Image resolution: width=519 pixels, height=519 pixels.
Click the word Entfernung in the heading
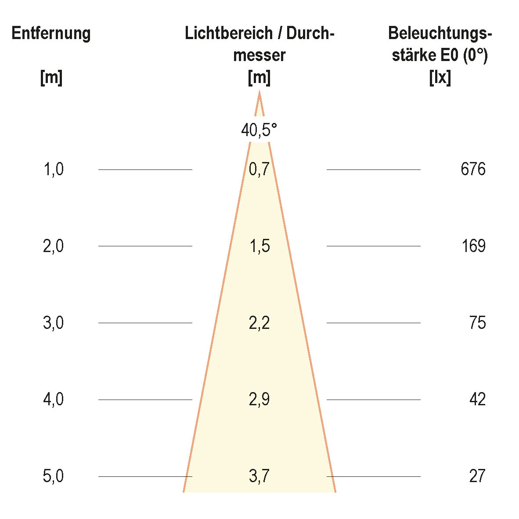pyautogui.click(x=51, y=33)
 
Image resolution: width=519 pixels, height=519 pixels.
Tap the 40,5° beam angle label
pyautogui.click(x=259, y=130)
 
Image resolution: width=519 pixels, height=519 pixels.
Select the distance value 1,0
pyautogui.click(x=54, y=169)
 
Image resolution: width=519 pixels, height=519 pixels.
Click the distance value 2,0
pyautogui.click(x=54, y=246)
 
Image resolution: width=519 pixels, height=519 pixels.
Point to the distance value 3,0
pyautogui.click(x=54, y=323)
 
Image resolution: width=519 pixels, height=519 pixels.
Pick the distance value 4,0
pyautogui.click(x=54, y=400)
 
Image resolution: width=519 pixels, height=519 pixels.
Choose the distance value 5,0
pyautogui.click(x=54, y=476)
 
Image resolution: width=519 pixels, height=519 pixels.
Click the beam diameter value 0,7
pyautogui.click(x=259, y=169)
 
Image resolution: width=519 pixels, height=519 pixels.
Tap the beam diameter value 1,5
pyautogui.click(x=259, y=246)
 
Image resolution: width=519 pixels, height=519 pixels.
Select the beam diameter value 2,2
pyautogui.click(x=259, y=323)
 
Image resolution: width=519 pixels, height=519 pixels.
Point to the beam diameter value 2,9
pyautogui.click(x=259, y=400)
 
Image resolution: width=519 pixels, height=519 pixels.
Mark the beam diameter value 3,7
pyautogui.click(x=259, y=476)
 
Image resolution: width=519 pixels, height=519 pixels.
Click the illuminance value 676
pyautogui.click(x=473, y=169)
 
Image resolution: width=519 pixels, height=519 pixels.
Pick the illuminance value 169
pyautogui.click(x=473, y=246)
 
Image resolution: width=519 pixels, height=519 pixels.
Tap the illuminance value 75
pyautogui.click(x=477, y=323)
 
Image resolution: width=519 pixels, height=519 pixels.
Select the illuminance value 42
pyautogui.click(x=477, y=400)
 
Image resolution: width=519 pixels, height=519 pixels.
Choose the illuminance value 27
pyautogui.click(x=477, y=476)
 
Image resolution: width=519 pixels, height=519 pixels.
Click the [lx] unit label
pyautogui.click(x=440, y=78)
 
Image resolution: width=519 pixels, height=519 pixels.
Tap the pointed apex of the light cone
pyautogui.click(x=259, y=92)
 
